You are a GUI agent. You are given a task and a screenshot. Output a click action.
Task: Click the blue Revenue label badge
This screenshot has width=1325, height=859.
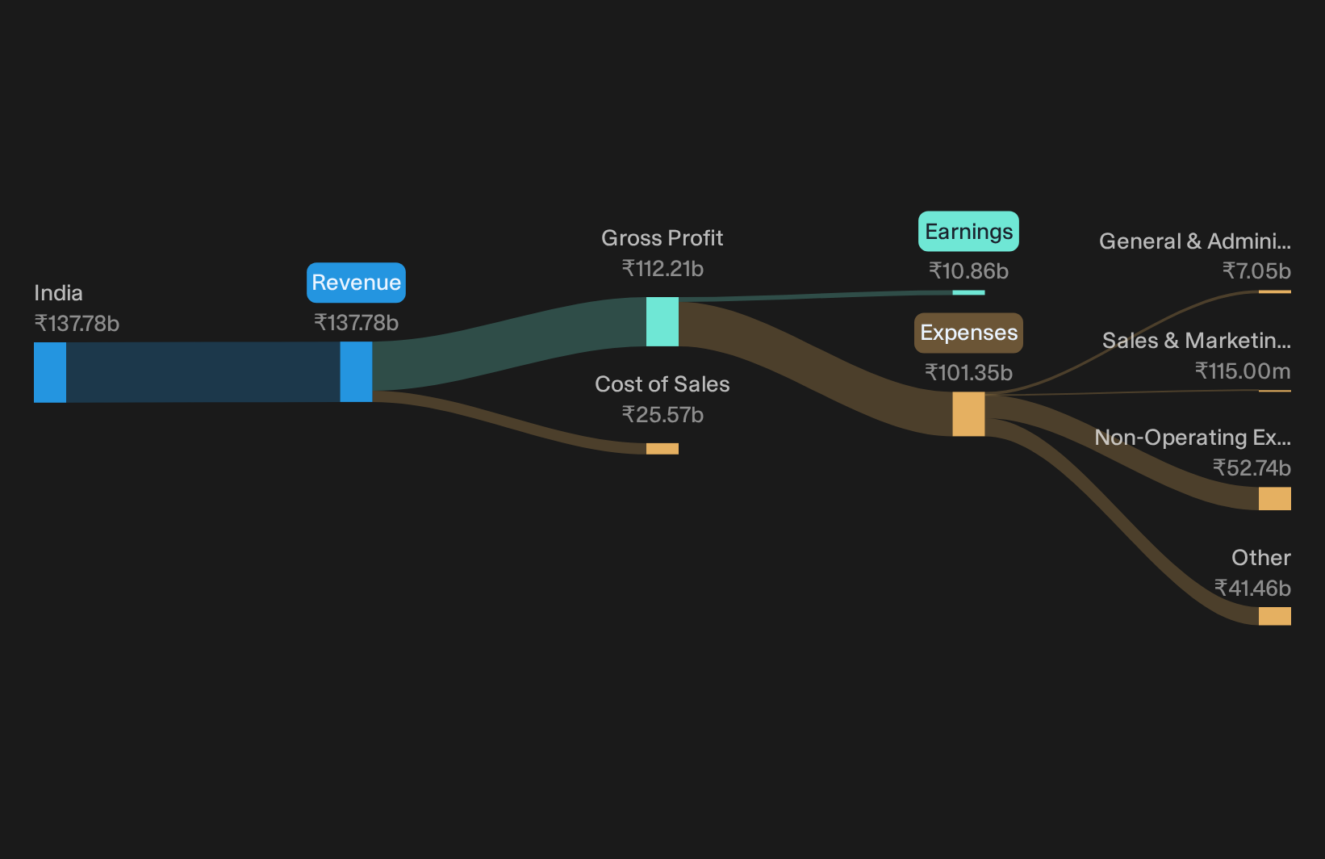(x=356, y=283)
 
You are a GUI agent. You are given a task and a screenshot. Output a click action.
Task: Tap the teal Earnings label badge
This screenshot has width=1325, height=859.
(x=968, y=232)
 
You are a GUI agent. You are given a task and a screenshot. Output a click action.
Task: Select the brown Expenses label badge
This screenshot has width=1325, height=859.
(x=968, y=333)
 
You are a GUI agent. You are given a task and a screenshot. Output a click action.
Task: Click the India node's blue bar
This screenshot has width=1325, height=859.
(x=50, y=372)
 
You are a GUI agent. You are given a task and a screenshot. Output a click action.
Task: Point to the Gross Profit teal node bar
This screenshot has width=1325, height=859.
(x=662, y=321)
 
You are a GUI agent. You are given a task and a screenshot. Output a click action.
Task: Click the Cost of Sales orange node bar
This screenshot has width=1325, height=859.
(x=662, y=449)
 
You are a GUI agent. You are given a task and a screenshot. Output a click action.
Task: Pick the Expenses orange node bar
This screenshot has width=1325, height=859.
(x=968, y=414)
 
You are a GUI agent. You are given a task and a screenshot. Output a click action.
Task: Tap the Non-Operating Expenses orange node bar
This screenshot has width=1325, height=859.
(x=1275, y=498)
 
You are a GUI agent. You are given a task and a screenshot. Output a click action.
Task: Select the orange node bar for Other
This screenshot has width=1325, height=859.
(x=1275, y=616)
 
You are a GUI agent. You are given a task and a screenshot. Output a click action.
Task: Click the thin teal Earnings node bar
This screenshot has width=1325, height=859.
(x=968, y=292)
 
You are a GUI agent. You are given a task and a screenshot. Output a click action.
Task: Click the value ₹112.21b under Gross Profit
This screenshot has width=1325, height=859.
(x=662, y=269)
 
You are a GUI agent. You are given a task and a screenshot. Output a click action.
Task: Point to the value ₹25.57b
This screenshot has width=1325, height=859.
(x=662, y=415)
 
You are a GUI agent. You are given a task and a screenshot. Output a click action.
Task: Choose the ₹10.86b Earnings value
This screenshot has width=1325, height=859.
(x=968, y=271)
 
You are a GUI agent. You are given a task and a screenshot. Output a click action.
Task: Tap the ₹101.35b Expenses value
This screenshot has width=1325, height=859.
(x=968, y=373)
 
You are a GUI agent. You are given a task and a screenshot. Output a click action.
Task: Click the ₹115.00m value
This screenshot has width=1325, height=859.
(x=1243, y=371)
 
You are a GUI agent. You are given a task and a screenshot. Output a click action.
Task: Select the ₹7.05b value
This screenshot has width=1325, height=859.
(x=1256, y=271)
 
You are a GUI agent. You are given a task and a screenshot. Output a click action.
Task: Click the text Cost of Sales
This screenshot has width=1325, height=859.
(x=662, y=384)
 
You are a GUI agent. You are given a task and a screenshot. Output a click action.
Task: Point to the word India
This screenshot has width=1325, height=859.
(x=59, y=293)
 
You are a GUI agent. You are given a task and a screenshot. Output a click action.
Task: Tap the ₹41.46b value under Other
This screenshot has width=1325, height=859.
(x=1252, y=589)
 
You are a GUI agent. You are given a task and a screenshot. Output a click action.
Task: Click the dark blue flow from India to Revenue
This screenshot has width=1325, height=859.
(x=203, y=372)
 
